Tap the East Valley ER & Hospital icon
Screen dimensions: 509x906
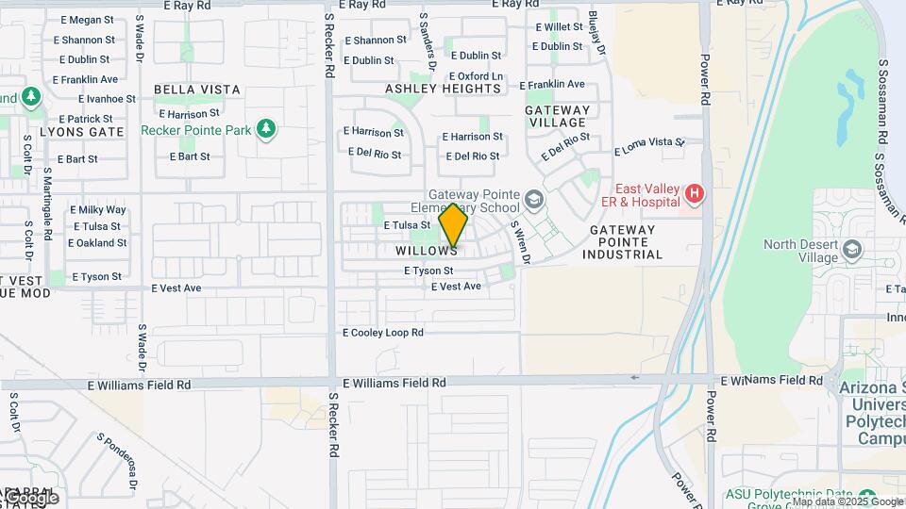coord(696,194)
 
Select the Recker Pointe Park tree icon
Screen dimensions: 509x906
coord(266,129)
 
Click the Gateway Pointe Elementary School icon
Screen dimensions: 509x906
coord(534,200)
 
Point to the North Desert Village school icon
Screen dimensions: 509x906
coord(853,250)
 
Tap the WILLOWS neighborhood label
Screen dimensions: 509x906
coord(427,252)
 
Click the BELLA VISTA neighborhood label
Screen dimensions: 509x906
coord(197,90)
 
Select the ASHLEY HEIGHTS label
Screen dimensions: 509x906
coord(444,89)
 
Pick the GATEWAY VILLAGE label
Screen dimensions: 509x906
coord(557,116)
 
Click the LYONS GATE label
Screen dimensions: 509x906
coord(82,132)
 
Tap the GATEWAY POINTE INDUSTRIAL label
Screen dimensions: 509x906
coord(622,242)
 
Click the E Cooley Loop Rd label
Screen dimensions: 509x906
coord(383,333)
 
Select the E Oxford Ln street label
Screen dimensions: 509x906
coord(476,76)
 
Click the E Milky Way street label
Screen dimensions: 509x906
coord(98,210)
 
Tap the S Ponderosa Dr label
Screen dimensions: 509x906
coord(117,461)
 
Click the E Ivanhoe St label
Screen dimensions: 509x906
coord(108,98)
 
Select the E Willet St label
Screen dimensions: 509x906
coord(560,27)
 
